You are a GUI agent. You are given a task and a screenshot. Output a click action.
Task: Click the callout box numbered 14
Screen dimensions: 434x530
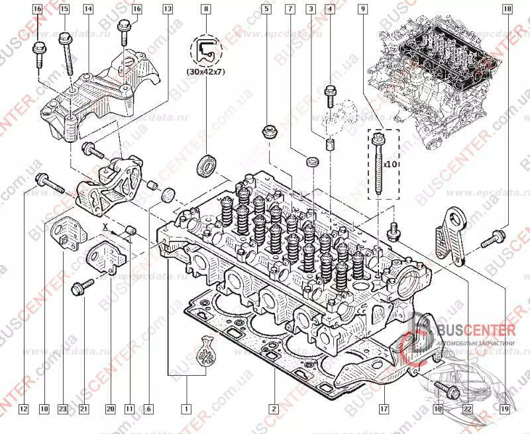pos(88,9)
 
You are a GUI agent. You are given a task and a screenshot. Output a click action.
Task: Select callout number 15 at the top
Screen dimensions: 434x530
pos(64,9)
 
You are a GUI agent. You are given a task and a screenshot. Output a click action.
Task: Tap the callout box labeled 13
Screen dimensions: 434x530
pos(168,9)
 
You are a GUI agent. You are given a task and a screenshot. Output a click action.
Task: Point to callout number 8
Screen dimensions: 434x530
pos(206,9)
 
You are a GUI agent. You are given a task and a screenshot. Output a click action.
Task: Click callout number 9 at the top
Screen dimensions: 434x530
pos(363,9)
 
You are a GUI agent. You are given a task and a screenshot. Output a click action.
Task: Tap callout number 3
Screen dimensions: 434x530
pos(309,9)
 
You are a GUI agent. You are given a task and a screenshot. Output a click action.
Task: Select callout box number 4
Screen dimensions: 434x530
pos(329,9)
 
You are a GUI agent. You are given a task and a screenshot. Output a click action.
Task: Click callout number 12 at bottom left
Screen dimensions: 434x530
pos(23,408)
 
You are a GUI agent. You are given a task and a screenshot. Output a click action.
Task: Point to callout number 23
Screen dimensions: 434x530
pos(64,408)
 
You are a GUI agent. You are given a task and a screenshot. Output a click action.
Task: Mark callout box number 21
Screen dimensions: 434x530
pos(84,408)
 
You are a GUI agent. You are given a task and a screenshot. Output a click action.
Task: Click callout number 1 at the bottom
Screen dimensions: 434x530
pos(187,408)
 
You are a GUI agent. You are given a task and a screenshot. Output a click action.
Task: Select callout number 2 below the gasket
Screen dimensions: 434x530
pos(272,408)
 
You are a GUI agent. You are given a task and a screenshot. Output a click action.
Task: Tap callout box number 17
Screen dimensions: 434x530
pos(383,408)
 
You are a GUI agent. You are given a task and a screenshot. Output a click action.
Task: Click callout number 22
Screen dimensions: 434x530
pos(468,408)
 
